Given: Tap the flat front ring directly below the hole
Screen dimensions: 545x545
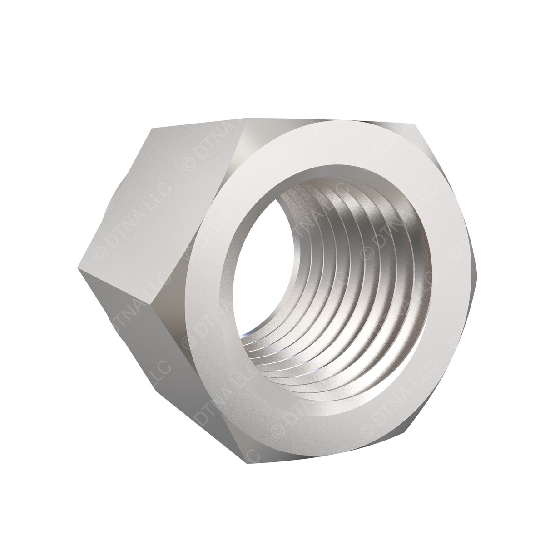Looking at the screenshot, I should [x=318, y=413].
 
